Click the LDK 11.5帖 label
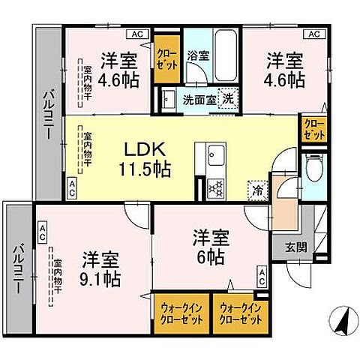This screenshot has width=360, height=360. [142, 157]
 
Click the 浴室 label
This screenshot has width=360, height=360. [196, 54]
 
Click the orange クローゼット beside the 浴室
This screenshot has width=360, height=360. [166, 56]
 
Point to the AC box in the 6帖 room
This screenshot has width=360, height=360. [261, 275]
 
